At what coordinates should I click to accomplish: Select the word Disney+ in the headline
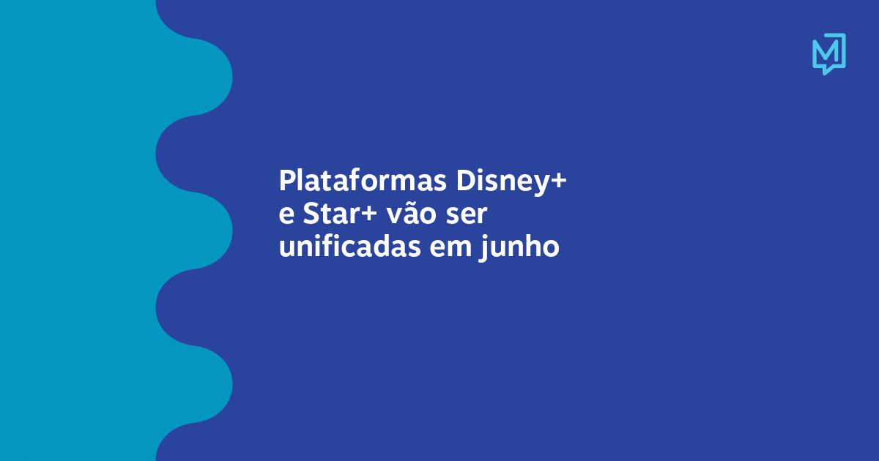coord(512,180)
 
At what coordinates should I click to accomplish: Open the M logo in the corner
coord(828,53)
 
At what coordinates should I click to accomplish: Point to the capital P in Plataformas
coord(286,180)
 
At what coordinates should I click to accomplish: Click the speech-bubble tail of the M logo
coord(826,70)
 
